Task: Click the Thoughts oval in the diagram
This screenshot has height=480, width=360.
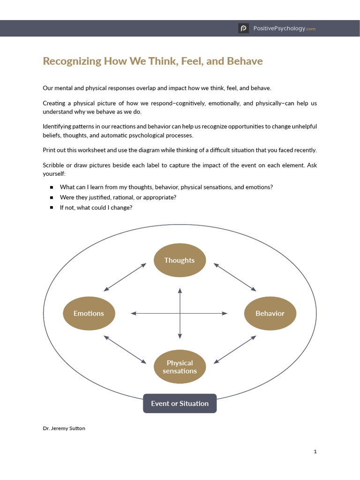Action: click(x=180, y=260)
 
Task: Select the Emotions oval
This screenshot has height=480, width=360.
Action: click(x=89, y=313)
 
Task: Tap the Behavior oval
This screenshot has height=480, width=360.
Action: click(x=270, y=313)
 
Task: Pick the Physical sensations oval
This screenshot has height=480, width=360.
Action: click(x=180, y=367)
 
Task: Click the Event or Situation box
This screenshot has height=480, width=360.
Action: click(x=180, y=403)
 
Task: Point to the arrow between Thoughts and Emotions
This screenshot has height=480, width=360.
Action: click(x=125, y=277)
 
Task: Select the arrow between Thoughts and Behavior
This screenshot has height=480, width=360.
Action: click(x=235, y=277)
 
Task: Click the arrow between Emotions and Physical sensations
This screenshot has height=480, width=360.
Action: click(x=125, y=349)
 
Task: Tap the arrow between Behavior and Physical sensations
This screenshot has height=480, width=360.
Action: click(x=235, y=349)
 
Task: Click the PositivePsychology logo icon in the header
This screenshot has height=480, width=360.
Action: click(x=243, y=29)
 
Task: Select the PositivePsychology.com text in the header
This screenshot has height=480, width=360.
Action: click(x=285, y=29)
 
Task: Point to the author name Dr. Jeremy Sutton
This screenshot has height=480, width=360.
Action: click(x=64, y=428)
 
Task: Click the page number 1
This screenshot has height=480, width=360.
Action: click(x=315, y=451)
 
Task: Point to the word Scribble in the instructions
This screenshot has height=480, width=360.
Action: click(x=54, y=166)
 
